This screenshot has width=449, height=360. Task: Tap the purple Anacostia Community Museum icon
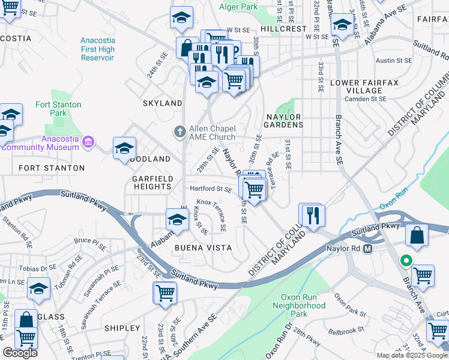coord(88,142)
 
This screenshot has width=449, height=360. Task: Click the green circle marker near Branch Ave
coord(406,260)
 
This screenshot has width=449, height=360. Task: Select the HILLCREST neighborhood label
coord(283,29)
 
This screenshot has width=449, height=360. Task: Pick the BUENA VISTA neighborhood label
coord(203,247)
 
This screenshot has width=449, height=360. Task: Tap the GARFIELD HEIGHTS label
coord(152,182)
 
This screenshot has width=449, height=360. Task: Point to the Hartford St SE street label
coord(211,189)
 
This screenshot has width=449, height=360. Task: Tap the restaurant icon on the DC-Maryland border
coord(312,215)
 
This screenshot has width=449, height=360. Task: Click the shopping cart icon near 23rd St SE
coord(165,293)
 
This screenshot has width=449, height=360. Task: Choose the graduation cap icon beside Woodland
coord(124,148)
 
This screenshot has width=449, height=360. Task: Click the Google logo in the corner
coord(20,353)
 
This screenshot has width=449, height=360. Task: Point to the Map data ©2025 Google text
coord(411,355)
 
